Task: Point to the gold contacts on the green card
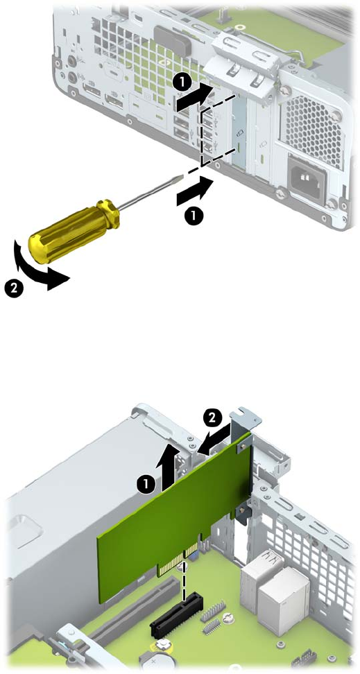178,558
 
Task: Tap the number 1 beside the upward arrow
146,485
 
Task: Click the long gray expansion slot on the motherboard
135,607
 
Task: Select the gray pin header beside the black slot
212,612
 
